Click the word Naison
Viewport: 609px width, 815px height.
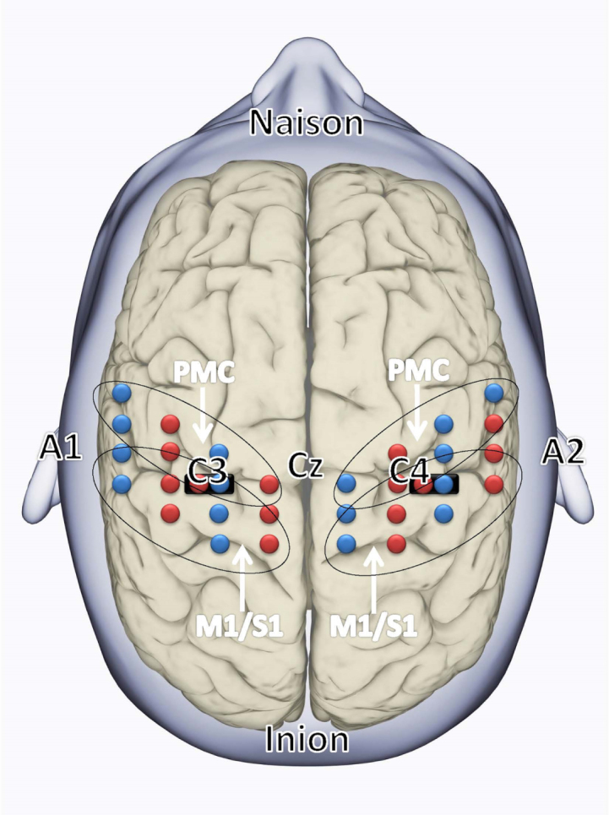(306, 123)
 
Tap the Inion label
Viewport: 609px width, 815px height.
(306, 740)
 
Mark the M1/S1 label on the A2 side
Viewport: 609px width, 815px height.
(372, 626)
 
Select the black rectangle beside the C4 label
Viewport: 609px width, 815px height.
(434, 485)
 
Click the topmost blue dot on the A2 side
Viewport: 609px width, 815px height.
(494, 393)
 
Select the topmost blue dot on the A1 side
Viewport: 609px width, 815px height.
(122, 393)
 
